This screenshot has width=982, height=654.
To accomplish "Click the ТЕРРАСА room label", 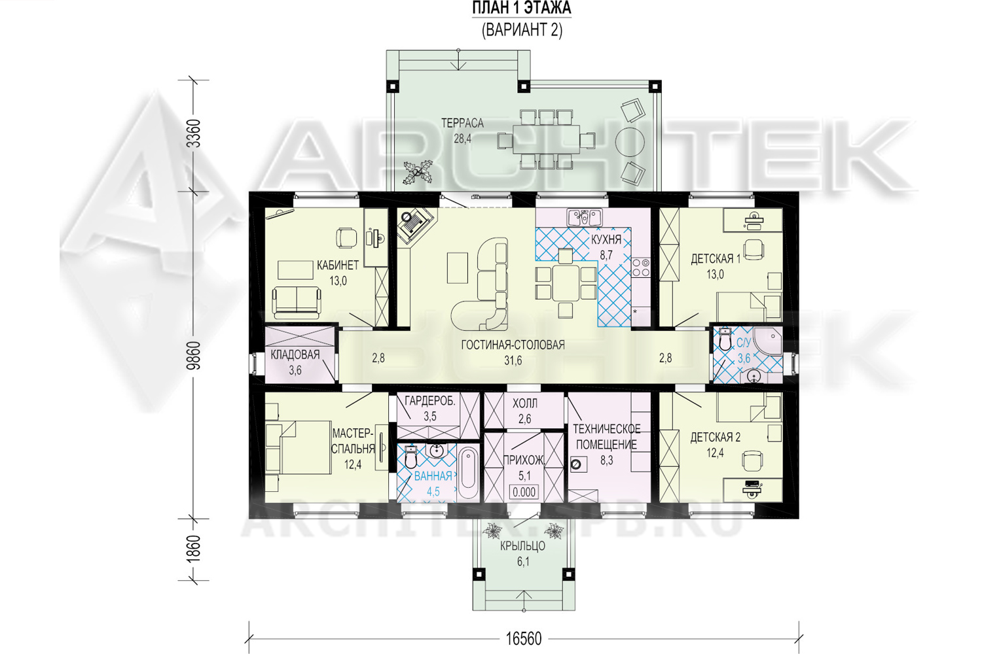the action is (x=462, y=123).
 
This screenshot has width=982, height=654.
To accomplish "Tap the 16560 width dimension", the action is (x=524, y=639).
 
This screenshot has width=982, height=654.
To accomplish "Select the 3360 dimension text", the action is (x=194, y=133).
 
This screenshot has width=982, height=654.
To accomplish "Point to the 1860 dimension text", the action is (x=193, y=549).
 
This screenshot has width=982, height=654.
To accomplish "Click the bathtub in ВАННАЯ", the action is (x=469, y=473).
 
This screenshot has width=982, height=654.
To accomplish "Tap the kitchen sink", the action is (x=585, y=217).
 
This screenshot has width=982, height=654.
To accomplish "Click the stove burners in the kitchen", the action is (x=640, y=267).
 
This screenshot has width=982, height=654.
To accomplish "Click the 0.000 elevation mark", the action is (x=524, y=492).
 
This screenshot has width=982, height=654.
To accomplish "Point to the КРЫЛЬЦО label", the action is (x=523, y=546).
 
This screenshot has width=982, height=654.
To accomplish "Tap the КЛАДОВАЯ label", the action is (x=295, y=354).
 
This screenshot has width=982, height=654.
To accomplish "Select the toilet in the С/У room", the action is (x=725, y=338).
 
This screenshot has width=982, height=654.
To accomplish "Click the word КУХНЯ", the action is (x=606, y=239).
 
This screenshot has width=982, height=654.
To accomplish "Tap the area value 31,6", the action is (x=513, y=360).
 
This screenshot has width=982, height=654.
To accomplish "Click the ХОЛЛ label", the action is (x=525, y=403).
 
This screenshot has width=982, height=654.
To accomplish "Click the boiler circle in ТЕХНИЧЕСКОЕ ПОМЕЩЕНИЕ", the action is (x=576, y=464).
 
